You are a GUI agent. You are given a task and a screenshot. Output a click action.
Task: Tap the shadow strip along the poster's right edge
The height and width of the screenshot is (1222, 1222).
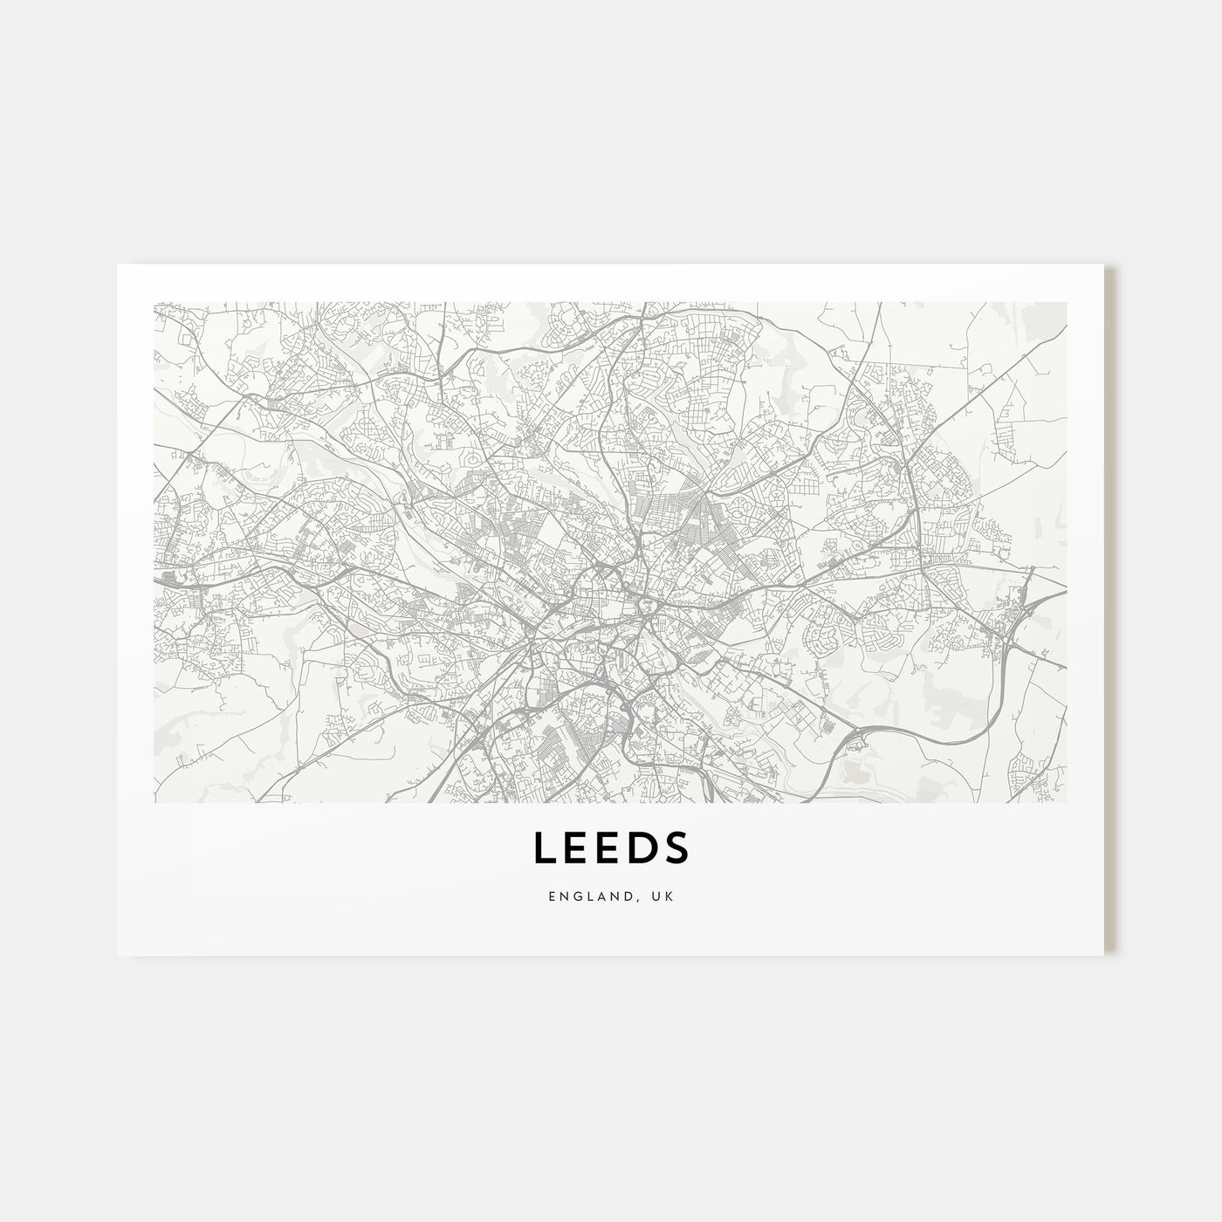click(x=1110, y=611)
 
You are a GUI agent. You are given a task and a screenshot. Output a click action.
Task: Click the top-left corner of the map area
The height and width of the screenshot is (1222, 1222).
click(x=155, y=304)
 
